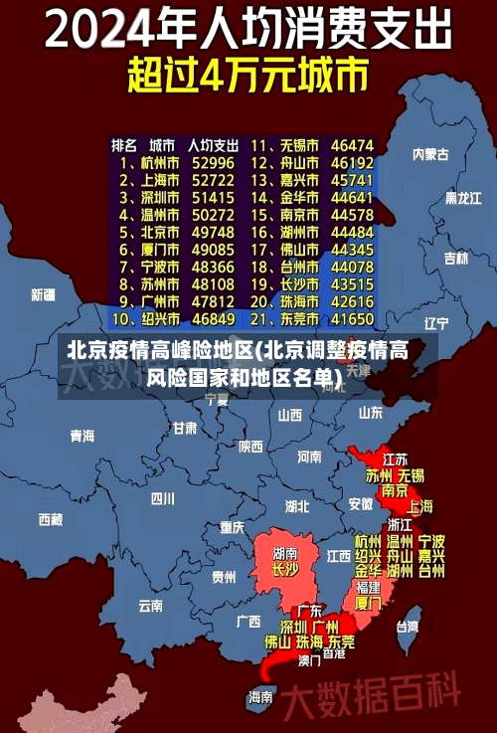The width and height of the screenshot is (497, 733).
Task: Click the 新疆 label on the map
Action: [x=44, y=294]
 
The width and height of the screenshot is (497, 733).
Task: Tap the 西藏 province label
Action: [x=51, y=519]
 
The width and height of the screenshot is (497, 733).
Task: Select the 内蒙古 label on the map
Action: [x=430, y=154]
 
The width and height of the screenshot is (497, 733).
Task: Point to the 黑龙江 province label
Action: [x=462, y=198]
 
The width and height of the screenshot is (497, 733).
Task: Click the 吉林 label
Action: [x=456, y=258]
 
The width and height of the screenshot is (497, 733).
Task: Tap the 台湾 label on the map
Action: [x=408, y=627]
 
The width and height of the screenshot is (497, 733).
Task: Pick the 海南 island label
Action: [x=260, y=696]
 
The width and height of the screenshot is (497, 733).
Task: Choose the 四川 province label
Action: [x=163, y=498]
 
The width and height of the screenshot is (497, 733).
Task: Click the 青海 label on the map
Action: [x=83, y=436]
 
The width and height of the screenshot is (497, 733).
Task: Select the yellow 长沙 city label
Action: [x=284, y=570]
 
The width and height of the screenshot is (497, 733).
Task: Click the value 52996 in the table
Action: [x=213, y=162]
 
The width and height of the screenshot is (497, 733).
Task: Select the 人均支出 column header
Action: [x=213, y=144]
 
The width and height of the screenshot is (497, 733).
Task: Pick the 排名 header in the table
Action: [x=125, y=144]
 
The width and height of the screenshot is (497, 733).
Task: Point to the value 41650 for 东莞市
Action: [x=352, y=319]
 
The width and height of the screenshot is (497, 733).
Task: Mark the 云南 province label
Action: [x=151, y=605]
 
